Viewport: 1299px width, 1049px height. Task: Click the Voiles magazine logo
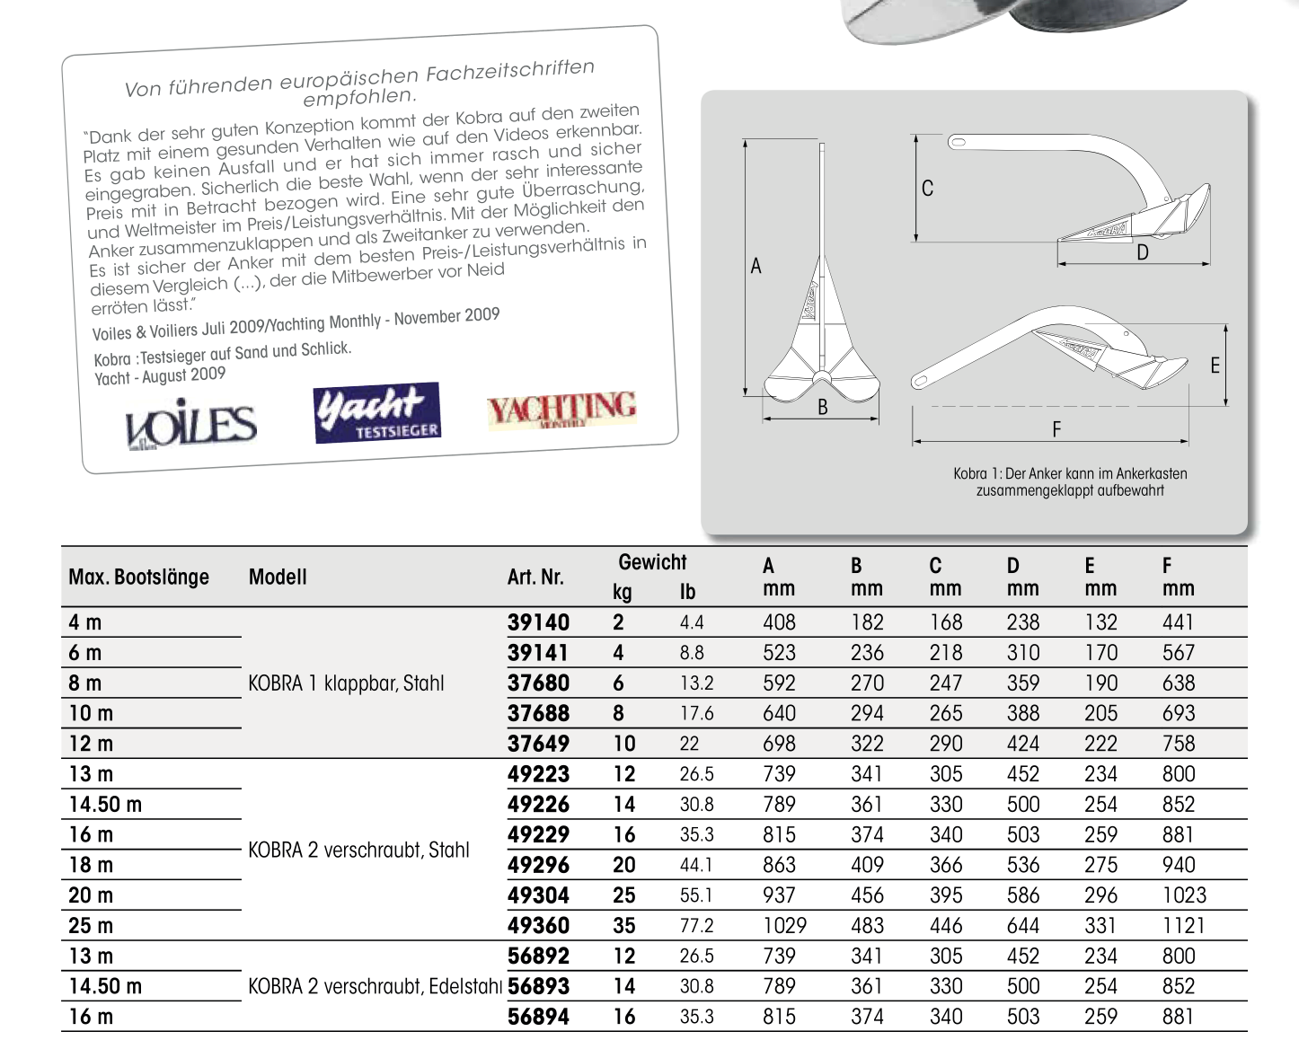(x=190, y=426)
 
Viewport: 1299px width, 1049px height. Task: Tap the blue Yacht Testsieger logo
(x=377, y=413)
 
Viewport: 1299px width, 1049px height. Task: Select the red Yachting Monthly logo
(x=561, y=410)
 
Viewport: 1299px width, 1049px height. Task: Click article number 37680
(x=538, y=683)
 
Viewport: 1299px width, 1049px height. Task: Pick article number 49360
(x=538, y=926)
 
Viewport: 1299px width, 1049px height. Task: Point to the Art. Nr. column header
(x=535, y=577)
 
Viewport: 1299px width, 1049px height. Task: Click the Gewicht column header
(x=652, y=563)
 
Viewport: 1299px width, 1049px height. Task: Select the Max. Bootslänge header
(x=138, y=577)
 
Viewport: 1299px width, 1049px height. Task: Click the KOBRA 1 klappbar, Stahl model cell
(x=346, y=683)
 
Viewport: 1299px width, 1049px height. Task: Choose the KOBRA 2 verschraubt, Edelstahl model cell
(x=374, y=987)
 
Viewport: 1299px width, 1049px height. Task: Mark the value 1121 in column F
(x=1183, y=926)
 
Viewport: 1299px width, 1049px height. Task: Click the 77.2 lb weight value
(x=696, y=926)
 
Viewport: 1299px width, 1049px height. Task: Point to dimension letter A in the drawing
(x=756, y=266)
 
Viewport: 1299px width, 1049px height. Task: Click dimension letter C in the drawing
(x=927, y=189)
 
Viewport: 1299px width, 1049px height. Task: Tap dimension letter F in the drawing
(x=1056, y=429)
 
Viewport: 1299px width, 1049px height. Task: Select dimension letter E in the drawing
(x=1215, y=366)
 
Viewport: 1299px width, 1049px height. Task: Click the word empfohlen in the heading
(x=359, y=97)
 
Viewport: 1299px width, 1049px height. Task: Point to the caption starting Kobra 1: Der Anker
(x=1070, y=482)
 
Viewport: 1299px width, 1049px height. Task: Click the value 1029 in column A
(x=784, y=926)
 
